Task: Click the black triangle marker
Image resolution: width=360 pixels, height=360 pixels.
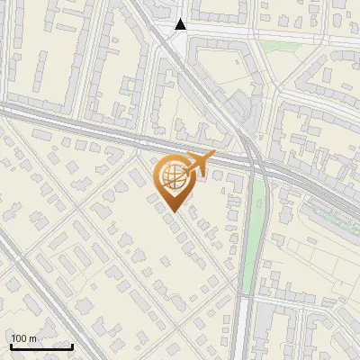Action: [x=181, y=24]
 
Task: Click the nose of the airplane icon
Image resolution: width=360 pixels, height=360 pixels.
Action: [x=212, y=155]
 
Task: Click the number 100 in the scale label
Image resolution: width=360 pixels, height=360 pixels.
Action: [x=20, y=338]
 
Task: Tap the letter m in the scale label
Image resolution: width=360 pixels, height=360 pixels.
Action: [x=33, y=338]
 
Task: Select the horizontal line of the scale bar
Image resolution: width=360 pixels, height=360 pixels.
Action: [x=40, y=346]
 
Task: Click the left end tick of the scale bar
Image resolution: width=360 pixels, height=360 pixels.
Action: [x=10, y=345]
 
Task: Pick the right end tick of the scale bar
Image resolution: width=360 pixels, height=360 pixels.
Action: [x=72, y=345]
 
